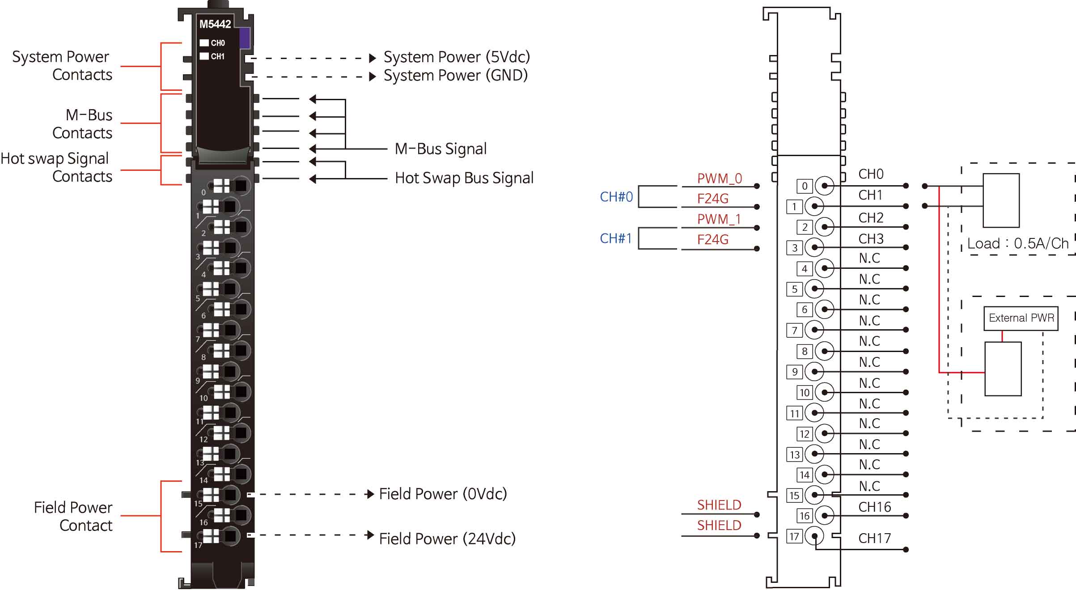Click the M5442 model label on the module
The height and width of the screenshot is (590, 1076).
215,24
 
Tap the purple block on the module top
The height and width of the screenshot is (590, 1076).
245,38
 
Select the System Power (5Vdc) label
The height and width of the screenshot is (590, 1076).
457,57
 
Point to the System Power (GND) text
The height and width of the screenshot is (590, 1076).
456,76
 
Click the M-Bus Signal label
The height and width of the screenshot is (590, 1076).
441,149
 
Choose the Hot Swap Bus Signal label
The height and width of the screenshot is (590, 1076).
464,178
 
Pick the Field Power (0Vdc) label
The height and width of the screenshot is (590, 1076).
443,494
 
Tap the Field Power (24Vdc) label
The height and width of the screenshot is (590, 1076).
447,539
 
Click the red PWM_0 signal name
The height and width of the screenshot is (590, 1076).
719,178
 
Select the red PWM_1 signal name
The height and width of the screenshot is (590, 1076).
719,219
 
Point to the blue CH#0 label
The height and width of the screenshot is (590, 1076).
616,197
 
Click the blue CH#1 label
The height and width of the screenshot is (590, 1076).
616,238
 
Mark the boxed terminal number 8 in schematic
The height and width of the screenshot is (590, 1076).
804,352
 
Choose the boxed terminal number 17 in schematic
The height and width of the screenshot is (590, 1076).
794,536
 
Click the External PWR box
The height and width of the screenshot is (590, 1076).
1021,318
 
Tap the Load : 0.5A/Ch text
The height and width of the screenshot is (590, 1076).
1018,244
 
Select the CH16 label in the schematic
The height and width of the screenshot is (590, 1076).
874,507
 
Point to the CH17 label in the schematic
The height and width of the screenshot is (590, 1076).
874,538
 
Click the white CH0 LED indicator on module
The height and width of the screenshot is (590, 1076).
204,43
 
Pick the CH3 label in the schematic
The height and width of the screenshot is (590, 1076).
871,239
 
